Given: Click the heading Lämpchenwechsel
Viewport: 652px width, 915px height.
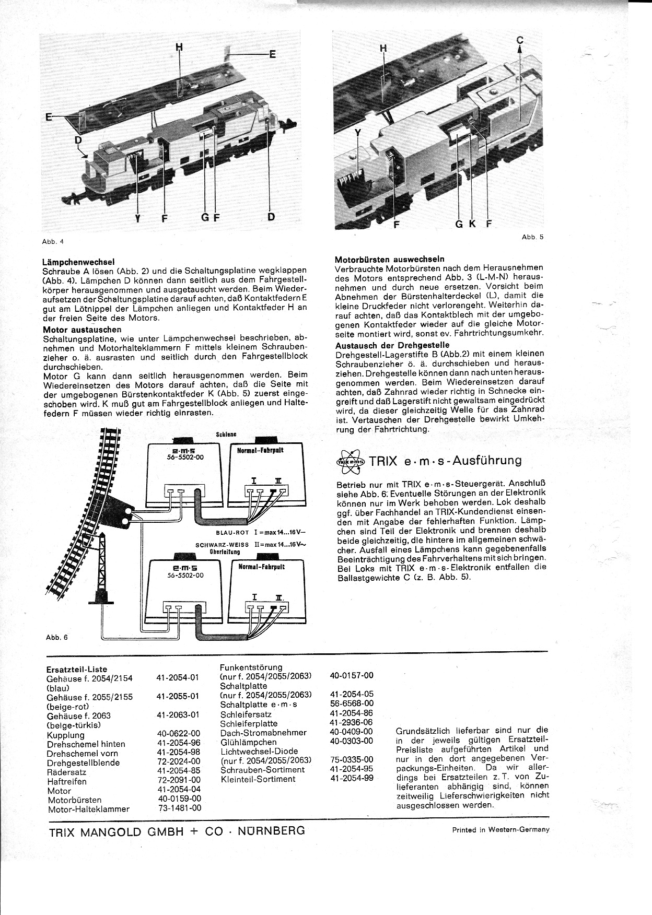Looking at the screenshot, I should (78, 262).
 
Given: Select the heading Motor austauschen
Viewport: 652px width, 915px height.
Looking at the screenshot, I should (81, 330).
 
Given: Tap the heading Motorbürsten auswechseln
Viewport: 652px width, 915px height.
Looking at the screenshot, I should (389, 259).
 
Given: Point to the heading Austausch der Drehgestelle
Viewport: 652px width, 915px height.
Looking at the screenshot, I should (392, 345).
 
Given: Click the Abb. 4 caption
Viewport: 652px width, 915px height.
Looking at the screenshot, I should (52, 241).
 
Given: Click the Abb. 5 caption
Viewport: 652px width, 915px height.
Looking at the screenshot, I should (532, 237).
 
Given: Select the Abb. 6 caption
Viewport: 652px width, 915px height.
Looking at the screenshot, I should (56, 637).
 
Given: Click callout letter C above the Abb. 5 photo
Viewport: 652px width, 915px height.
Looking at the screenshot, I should (520, 40).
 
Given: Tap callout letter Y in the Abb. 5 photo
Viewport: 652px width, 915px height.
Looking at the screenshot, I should (358, 133).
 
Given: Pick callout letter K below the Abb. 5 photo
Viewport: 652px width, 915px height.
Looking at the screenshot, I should (472, 224).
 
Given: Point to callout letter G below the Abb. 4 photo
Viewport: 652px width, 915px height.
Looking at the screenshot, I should (205, 217).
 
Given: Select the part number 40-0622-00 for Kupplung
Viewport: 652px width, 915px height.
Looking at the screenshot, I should (178, 734).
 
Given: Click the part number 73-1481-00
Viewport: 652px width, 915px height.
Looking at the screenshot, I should (179, 808).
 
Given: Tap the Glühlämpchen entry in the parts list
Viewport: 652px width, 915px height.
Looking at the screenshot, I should (248, 742).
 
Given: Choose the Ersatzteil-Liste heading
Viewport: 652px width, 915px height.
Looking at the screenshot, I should (76, 669).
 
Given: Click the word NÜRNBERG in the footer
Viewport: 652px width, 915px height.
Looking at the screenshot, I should (271, 830).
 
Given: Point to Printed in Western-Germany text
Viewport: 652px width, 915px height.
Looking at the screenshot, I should (501, 829).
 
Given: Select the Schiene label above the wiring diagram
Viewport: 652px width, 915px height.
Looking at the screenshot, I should (226, 434).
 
